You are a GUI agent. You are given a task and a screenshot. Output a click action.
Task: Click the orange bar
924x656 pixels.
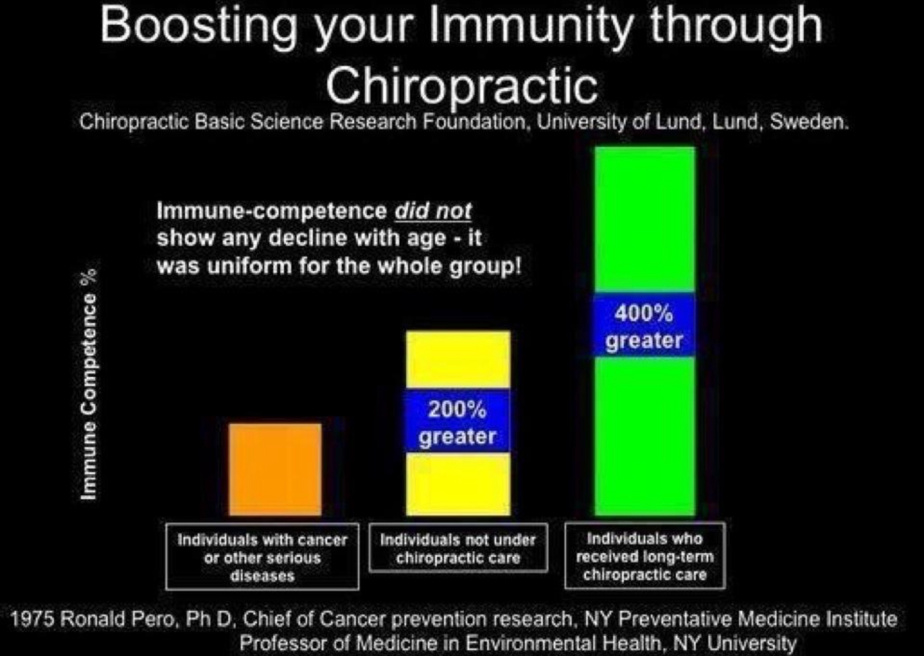click(x=275, y=469)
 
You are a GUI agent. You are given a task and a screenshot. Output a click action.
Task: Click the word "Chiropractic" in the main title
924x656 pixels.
click(x=462, y=86)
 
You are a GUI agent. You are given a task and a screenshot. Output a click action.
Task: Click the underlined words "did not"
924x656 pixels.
click(x=433, y=211)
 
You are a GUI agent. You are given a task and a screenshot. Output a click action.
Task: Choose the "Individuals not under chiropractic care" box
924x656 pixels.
click(x=458, y=548)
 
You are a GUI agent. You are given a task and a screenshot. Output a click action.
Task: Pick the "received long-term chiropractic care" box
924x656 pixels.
click(x=645, y=555)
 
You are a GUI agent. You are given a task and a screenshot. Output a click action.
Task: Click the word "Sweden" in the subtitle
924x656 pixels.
click(x=809, y=122)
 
